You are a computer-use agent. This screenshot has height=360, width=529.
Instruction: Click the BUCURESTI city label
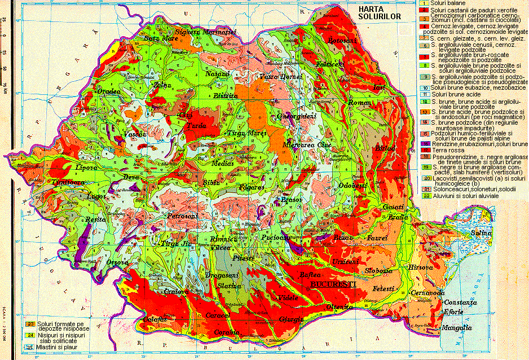333,285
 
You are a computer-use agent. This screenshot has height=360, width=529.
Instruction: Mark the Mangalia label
456,328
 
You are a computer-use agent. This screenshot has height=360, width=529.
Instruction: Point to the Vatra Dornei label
277,76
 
